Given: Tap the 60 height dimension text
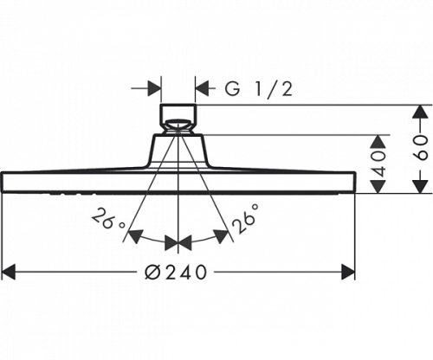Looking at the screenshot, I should tap(421, 149).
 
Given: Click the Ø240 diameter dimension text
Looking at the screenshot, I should tap(178, 272).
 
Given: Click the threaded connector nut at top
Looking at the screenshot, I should tap(178, 118).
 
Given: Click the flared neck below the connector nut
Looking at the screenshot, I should tap(178, 149).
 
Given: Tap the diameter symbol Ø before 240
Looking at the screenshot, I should tap(152, 272).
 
